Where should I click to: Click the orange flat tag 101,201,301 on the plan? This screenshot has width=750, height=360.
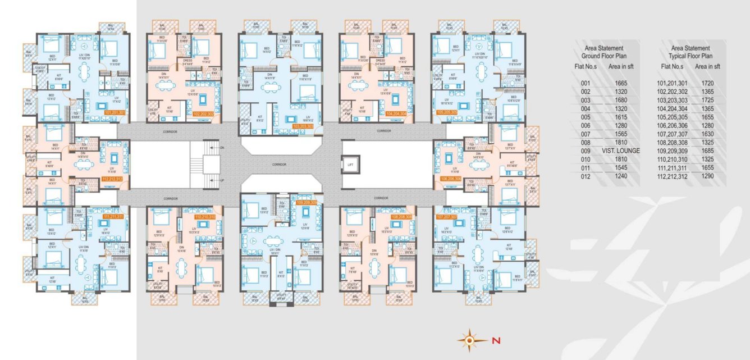click(x=115, y=112)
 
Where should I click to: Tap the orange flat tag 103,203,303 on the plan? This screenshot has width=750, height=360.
click(x=303, y=126)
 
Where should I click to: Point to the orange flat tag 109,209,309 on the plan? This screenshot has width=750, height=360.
click(x=307, y=202)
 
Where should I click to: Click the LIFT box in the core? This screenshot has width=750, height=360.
click(x=350, y=164)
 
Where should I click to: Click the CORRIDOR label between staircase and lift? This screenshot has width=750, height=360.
click(x=278, y=164)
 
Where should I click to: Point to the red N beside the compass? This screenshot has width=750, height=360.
click(x=495, y=340)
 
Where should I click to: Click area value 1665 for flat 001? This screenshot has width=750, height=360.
click(x=621, y=83)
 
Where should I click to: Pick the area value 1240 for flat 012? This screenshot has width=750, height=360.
click(x=621, y=176)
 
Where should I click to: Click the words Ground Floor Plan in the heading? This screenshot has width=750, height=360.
click(x=604, y=56)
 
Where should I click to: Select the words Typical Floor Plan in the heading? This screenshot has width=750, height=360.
click(x=690, y=56)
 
